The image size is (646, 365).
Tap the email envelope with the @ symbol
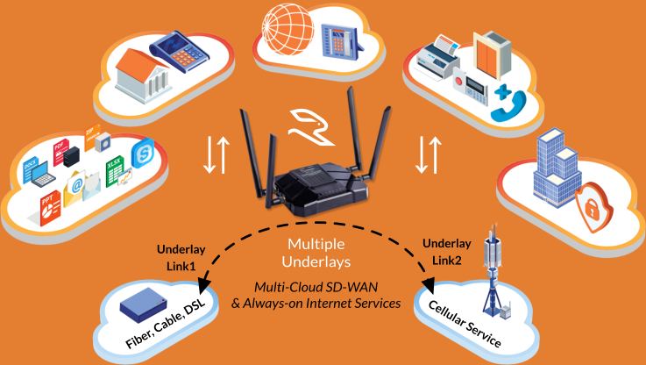(x=75, y=185)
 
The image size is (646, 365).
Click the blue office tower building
(x=554, y=167)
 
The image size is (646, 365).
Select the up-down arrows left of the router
(x=214, y=155)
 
